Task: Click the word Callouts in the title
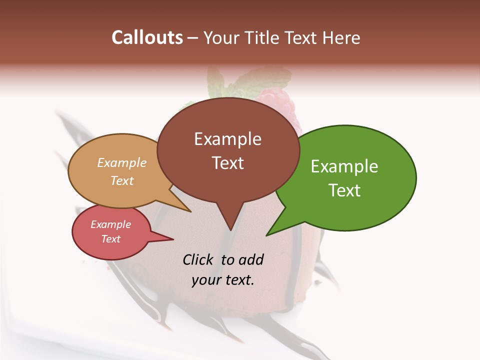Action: [147, 37]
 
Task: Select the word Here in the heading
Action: [340, 37]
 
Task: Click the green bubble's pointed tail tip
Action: [267, 234]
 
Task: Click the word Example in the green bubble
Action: [344, 166]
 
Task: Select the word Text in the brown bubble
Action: [228, 163]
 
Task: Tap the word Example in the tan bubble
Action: [122, 163]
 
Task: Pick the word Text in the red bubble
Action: [111, 239]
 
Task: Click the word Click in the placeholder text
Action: [199, 259]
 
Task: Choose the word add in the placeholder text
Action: [250, 259]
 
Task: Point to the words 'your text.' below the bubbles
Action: [223, 279]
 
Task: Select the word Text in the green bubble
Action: [344, 190]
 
